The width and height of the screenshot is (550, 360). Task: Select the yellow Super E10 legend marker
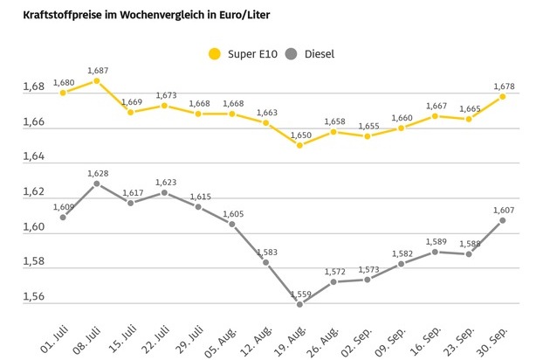tap(214, 54)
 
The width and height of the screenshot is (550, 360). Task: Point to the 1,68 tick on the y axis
tap(34, 87)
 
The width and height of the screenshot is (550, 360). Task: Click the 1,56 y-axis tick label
tap(34, 297)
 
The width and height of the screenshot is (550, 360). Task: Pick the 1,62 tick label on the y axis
tap(34, 192)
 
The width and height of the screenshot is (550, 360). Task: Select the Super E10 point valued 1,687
tap(97, 80)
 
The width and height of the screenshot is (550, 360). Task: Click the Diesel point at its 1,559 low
tap(299, 304)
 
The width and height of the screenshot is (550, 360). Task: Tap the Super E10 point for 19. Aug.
tap(299, 145)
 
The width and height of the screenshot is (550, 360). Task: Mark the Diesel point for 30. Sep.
tap(503, 220)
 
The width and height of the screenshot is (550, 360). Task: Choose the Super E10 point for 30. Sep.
tap(503, 96)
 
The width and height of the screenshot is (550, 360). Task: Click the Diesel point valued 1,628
tap(97, 183)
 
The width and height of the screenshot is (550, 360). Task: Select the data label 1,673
tap(165, 95)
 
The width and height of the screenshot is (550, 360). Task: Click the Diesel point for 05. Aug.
tap(232, 224)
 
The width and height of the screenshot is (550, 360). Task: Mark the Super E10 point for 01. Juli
tap(63, 93)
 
